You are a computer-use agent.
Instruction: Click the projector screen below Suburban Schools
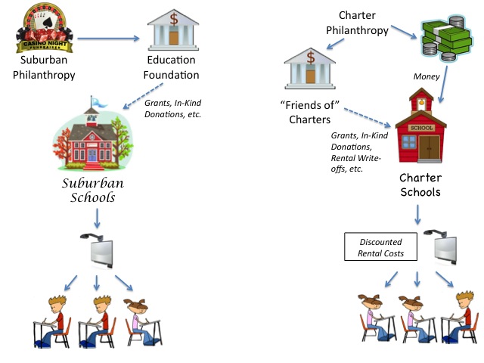pos(101,250)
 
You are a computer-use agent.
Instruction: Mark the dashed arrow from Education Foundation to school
pos(145,96)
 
